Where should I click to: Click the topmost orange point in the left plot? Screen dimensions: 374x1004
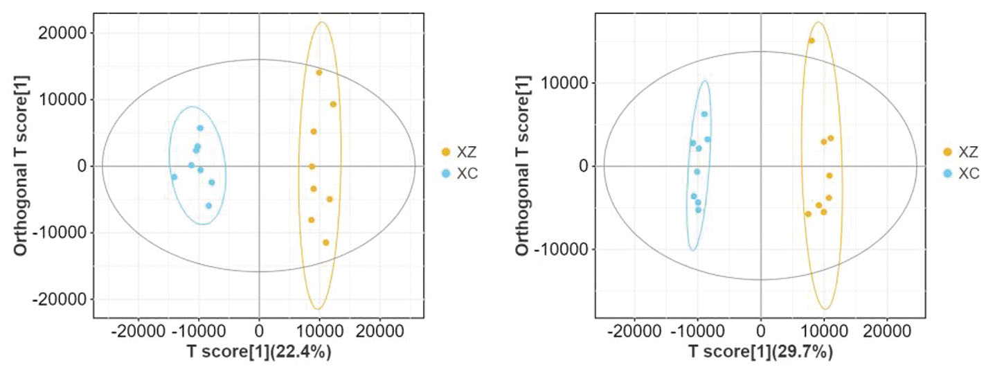coord(319,73)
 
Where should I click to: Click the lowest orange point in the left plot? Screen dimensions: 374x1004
coord(326,242)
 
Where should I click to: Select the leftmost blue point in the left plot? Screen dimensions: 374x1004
coord(174,177)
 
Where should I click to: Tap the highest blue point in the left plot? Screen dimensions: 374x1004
coord(200,128)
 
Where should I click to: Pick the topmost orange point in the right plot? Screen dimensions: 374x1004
coord(812,41)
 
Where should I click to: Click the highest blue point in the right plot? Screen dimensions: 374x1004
coord(704,114)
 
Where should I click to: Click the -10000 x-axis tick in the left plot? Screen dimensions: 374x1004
coord(199,330)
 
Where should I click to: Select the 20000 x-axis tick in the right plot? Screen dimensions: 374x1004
coord(888,330)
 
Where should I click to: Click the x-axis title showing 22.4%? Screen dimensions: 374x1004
coord(259,352)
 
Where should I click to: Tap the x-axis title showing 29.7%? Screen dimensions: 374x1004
coord(761,352)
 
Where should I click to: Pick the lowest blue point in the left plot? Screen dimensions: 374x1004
coord(208,206)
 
